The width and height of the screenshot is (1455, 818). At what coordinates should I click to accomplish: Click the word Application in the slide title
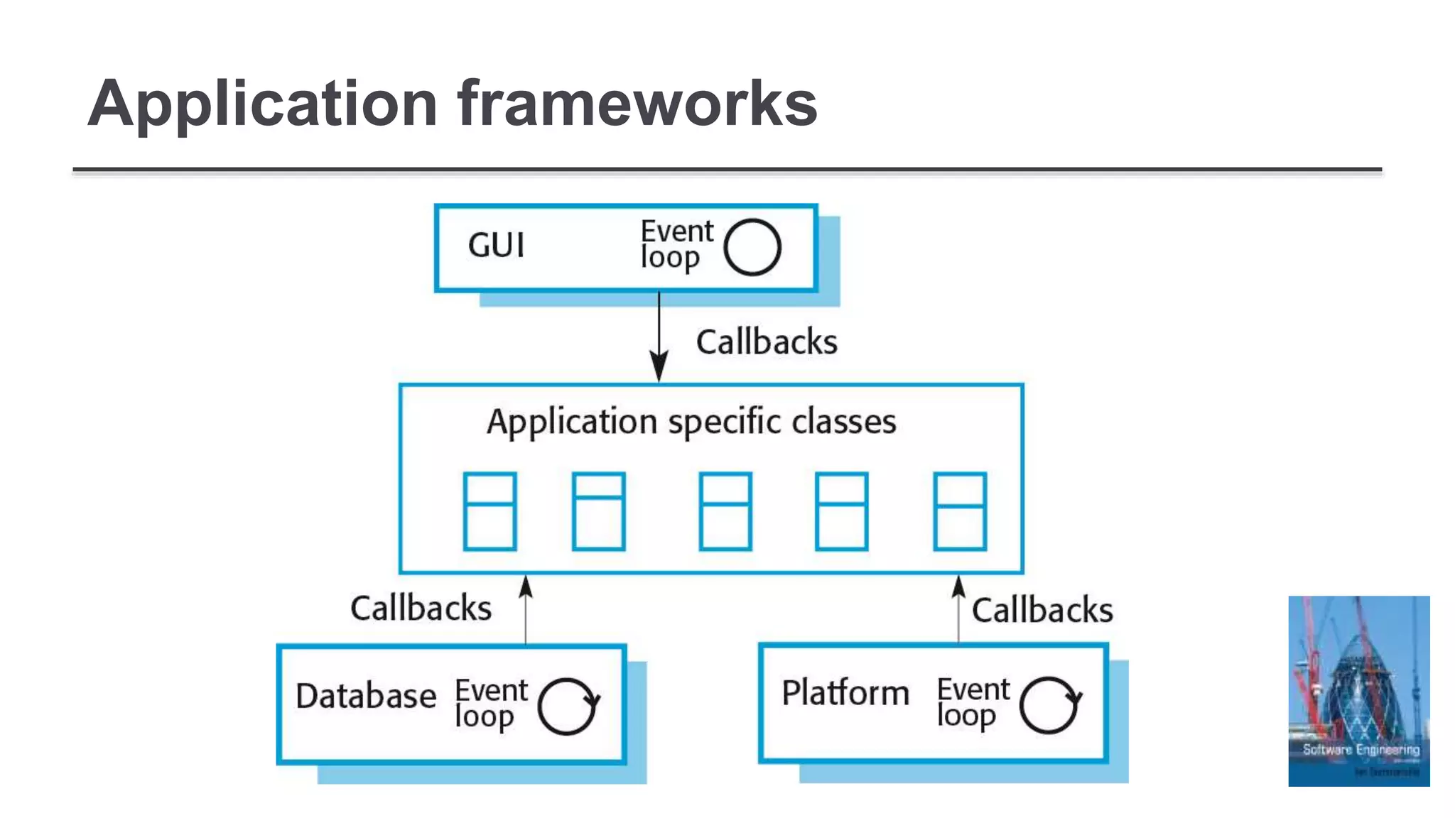click(261, 104)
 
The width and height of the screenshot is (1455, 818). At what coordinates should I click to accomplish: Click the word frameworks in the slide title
click(637, 104)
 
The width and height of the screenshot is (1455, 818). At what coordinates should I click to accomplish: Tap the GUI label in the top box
click(496, 246)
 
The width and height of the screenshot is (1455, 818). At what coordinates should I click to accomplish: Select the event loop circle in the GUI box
click(752, 247)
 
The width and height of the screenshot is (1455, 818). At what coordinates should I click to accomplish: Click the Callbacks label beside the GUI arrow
click(767, 342)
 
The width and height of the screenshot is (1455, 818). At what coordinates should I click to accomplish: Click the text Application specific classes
click(691, 422)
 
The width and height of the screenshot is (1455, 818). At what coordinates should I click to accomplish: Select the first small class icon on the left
click(489, 511)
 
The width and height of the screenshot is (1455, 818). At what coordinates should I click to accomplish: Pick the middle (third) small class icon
click(725, 511)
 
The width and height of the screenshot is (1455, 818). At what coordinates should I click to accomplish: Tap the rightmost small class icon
click(959, 511)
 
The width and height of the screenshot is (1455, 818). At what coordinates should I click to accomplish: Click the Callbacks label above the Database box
click(421, 609)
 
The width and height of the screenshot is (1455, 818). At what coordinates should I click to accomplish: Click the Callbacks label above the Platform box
click(1042, 611)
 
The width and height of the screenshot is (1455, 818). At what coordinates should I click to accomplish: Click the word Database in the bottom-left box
click(366, 696)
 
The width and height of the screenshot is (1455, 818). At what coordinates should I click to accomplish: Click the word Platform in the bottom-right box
click(845, 693)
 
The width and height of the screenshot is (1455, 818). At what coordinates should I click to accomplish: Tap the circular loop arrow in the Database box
click(568, 706)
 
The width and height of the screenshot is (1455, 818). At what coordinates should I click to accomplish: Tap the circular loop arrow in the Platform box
click(1049, 704)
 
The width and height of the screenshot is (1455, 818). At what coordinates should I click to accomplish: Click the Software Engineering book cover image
click(1358, 690)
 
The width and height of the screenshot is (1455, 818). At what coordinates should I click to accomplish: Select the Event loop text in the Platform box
click(973, 702)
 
